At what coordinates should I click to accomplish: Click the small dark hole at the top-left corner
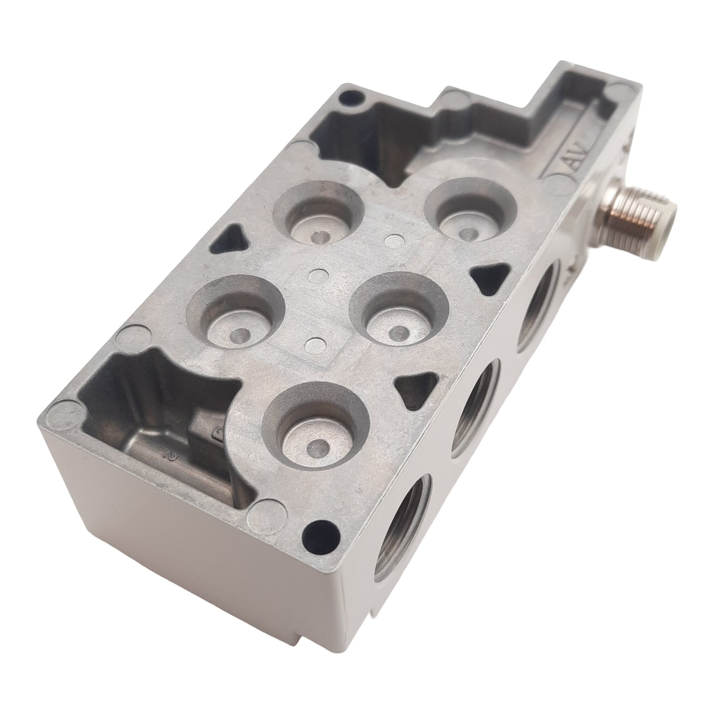(x=345, y=97)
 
